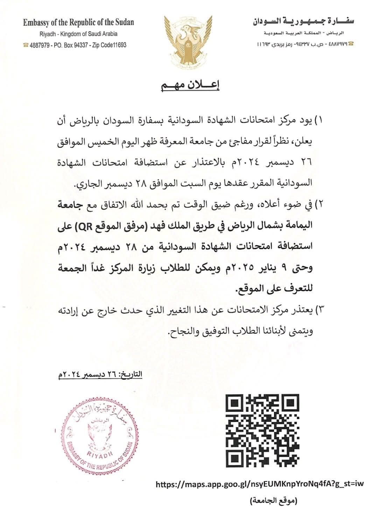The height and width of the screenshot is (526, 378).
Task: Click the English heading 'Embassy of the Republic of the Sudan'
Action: click(78, 23)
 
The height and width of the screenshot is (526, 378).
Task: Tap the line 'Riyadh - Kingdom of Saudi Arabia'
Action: click(78, 34)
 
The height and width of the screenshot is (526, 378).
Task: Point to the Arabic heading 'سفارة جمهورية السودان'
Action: click(303, 22)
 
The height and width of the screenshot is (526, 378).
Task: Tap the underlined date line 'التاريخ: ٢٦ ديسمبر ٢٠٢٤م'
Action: click(100, 375)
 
